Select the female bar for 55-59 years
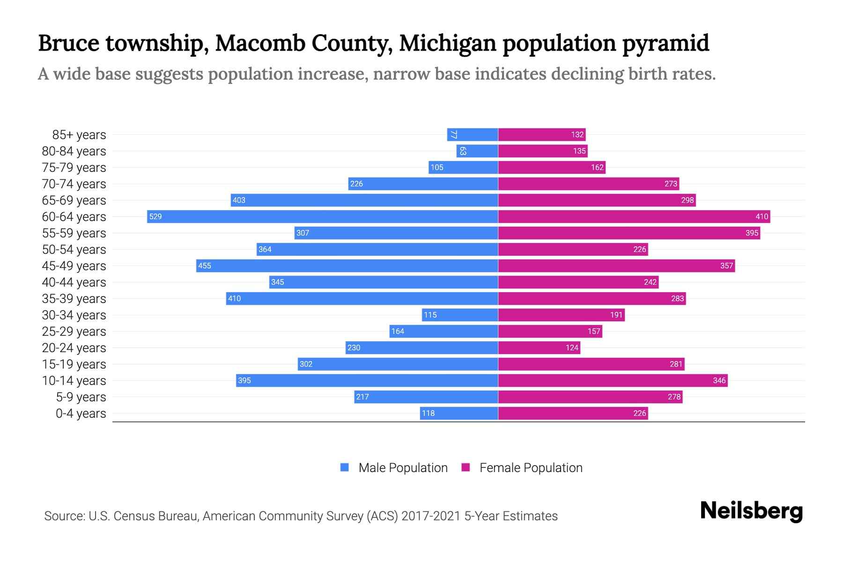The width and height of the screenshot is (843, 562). click(629, 233)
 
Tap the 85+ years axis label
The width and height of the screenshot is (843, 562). click(79, 135)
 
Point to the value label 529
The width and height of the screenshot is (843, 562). click(155, 216)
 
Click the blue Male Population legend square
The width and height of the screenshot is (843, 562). click(345, 467)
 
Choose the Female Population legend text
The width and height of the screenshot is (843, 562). click(531, 467)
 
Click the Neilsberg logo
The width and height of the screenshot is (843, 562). click(751, 511)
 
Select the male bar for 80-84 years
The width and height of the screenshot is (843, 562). click(477, 151)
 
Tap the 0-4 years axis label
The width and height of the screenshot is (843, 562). click(81, 414)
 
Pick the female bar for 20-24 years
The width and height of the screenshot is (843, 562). click(539, 348)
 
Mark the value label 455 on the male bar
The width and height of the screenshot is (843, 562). click(205, 266)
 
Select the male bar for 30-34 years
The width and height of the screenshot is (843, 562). click(460, 315)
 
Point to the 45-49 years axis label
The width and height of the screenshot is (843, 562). click(74, 266)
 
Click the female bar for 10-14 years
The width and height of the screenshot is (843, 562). click(613, 380)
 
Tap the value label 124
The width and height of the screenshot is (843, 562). click(572, 348)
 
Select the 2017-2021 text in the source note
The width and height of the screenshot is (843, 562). click(430, 516)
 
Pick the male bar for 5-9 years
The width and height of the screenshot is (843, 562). click(426, 397)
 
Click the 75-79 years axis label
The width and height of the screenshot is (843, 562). click(74, 168)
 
